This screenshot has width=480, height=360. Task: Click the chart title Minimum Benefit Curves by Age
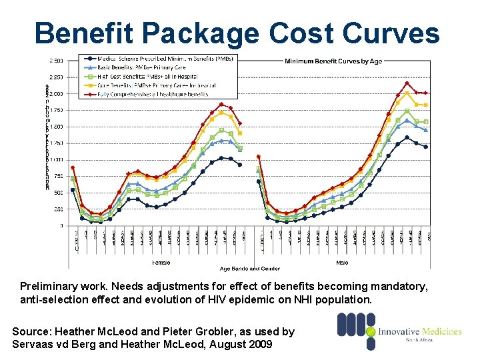coord(333,61)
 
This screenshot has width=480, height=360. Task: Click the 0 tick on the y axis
coord(61,225)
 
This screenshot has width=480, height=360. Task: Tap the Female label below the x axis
coord(162,262)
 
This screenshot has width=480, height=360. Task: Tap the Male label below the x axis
coord(342,262)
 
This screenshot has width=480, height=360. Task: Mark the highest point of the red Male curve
coord(407,83)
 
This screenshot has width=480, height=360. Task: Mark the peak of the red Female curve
coord(221,104)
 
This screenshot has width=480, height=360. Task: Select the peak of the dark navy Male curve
coord(407,138)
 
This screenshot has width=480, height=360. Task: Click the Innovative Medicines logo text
coord(419,331)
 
